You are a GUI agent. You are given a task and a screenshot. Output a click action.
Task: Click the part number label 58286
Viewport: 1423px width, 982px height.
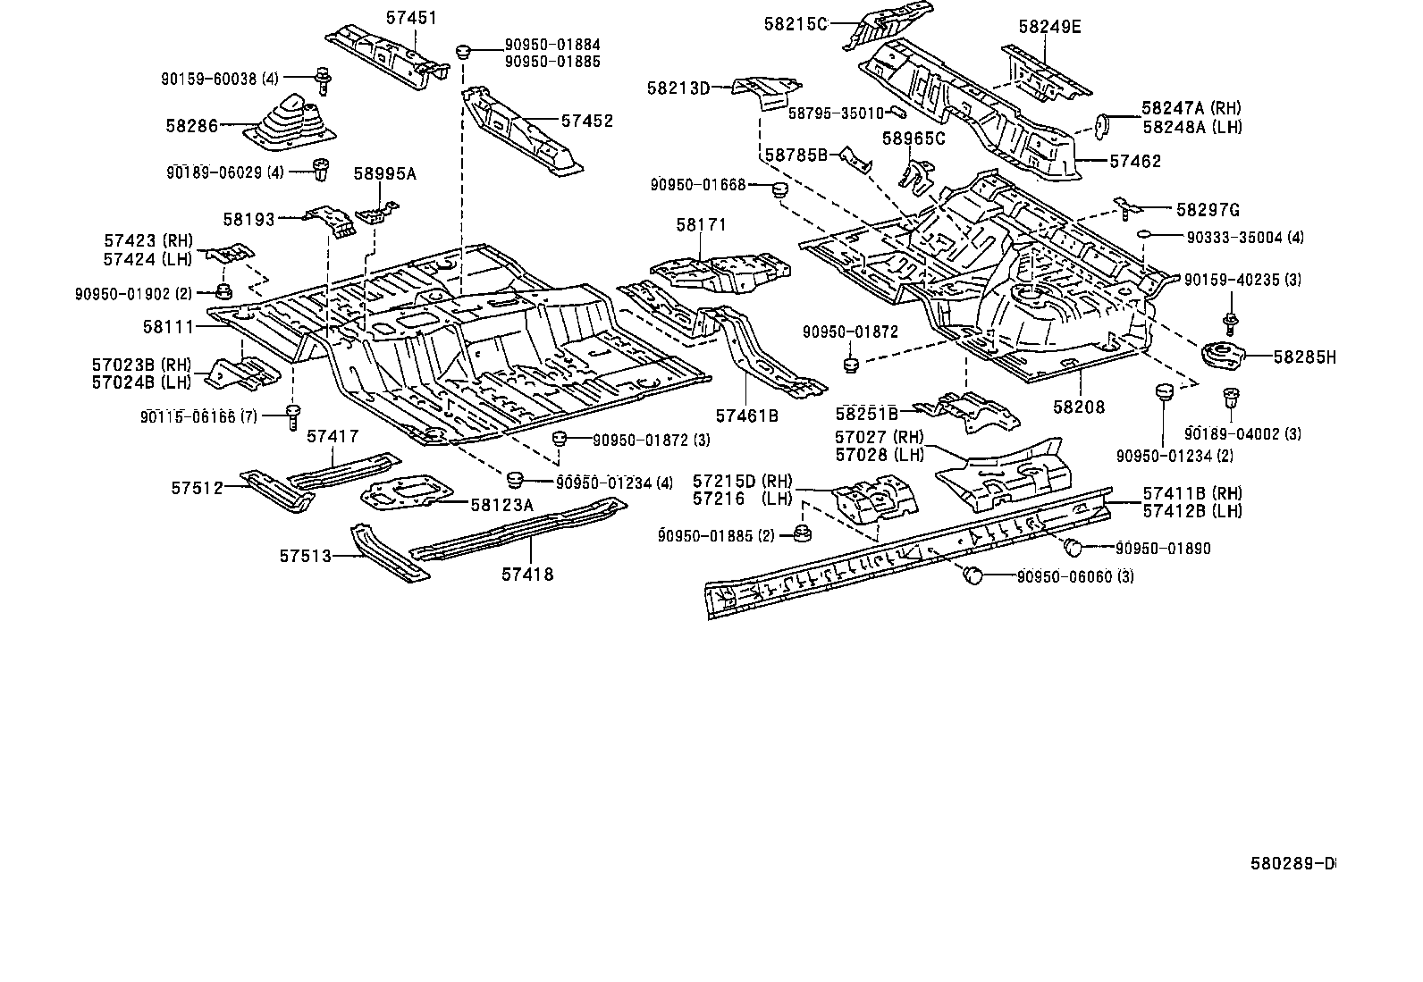pyautogui.click(x=191, y=126)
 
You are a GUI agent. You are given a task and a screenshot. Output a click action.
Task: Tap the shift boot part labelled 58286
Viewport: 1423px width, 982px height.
pyautogui.click(x=290, y=122)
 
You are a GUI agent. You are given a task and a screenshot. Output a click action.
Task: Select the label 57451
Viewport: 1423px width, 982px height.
pyautogui.click(x=412, y=18)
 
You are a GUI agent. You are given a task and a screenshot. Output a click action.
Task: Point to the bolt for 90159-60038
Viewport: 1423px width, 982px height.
pyautogui.click(x=324, y=80)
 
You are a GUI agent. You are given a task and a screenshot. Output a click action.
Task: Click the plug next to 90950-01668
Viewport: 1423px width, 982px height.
pyautogui.click(x=779, y=189)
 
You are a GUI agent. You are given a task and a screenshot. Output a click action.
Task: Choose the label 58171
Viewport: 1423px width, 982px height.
pyautogui.click(x=702, y=224)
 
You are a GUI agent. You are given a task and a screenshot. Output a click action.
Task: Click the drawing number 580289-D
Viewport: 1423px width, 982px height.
pyautogui.click(x=1292, y=864)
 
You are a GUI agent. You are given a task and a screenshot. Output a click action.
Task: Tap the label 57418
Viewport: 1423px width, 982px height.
pyautogui.click(x=527, y=575)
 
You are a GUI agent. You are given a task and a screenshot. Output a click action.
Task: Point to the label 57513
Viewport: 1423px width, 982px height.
pyautogui.click(x=306, y=557)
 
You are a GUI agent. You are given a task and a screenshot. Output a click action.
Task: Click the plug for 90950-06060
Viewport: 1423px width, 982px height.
pyautogui.click(x=973, y=575)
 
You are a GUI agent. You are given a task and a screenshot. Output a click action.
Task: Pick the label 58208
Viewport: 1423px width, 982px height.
pyautogui.click(x=1080, y=407)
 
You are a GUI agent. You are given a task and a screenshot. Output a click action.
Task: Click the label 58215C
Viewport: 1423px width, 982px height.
pyautogui.click(x=796, y=24)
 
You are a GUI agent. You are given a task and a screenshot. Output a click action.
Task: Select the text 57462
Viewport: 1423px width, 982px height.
pyautogui.click(x=1135, y=162)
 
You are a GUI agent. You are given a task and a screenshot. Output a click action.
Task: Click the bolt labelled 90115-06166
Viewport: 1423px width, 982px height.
pyautogui.click(x=293, y=416)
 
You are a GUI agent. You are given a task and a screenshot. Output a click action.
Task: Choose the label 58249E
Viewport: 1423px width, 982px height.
pyautogui.click(x=1050, y=27)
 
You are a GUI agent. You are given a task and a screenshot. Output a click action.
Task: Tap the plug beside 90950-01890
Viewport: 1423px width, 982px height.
pyautogui.click(x=1073, y=547)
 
